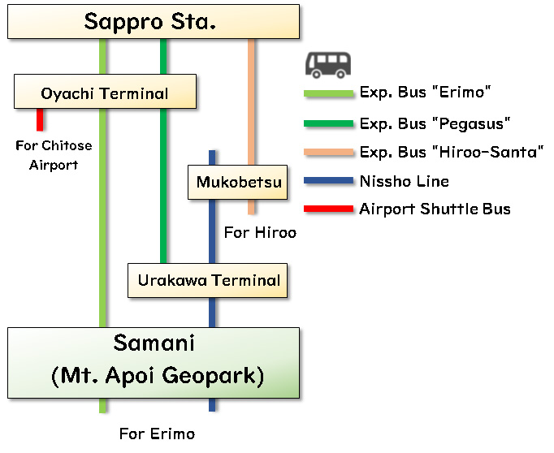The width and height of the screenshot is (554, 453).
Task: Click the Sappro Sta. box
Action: click(153, 22)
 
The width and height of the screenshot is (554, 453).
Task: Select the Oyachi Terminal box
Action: click(105, 93)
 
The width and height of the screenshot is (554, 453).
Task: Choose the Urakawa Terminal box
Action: click(209, 281)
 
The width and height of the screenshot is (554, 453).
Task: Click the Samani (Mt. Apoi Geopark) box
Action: click(154, 362)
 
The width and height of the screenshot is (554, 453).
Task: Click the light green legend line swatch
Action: click(328, 94)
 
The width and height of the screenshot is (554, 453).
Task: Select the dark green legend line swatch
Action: click(328, 123)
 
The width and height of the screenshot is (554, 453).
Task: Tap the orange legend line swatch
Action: click(328, 152)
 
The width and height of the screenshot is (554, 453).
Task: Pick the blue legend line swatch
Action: click(328, 181)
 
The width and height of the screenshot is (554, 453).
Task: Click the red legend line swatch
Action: click(328, 209)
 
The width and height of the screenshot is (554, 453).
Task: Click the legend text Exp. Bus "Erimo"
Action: click(426, 93)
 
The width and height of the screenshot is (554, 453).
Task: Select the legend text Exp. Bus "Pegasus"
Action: click(435, 123)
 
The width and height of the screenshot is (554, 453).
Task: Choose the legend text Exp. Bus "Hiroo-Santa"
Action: click(452, 152)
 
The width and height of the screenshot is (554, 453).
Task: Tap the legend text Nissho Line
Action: click(404, 181)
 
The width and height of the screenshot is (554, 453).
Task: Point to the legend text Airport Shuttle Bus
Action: click(435, 209)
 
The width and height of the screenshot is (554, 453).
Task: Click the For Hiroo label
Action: click(260, 233)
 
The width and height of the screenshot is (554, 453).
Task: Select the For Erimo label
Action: click(157, 434)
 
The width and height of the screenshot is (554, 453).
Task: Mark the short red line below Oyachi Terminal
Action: click(40, 120)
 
